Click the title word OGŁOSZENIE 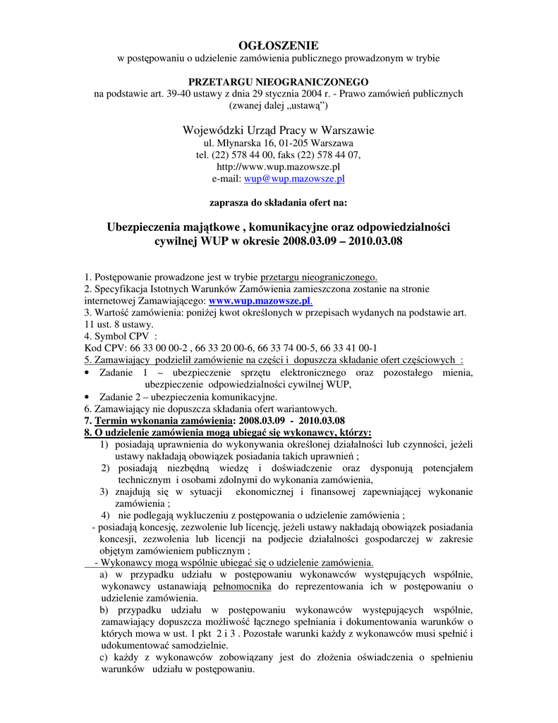click(x=278, y=44)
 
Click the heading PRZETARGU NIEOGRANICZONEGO click(x=278, y=81)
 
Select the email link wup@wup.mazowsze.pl click(x=294, y=179)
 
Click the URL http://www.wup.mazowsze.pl click(x=278, y=167)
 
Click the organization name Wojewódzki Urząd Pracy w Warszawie click(x=278, y=130)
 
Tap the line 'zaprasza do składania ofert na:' click(x=278, y=202)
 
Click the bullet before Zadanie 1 click(x=86, y=373)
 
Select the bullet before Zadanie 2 click(x=86, y=398)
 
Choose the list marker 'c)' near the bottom click(x=104, y=657)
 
